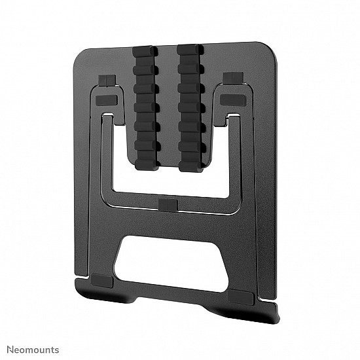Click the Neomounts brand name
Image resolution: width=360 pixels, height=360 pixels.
[x=33, y=350]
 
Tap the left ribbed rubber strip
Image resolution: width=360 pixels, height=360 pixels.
[x=145, y=106]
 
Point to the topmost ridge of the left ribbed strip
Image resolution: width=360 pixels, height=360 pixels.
[x=145, y=50]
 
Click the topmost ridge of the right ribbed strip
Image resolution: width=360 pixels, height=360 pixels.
[x=189, y=51]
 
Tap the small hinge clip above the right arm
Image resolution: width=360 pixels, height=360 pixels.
[x=230, y=78]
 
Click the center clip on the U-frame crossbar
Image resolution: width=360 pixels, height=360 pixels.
[x=168, y=205]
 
